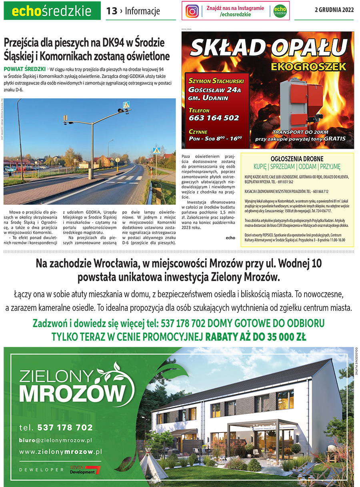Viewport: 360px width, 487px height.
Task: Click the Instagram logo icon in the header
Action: (192, 11)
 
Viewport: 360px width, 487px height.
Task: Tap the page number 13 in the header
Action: (112, 11)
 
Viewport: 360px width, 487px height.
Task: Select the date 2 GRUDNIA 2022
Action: (334, 10)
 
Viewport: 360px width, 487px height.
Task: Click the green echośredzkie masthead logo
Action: (52, 11)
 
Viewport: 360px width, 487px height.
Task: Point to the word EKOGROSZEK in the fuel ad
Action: (308, 66)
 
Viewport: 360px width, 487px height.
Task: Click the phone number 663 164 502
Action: (214, 118)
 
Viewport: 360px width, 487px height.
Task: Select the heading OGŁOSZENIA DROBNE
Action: (297, 159)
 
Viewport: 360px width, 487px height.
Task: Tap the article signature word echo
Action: (230, 238)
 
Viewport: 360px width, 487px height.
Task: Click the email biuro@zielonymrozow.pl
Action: (56, 440)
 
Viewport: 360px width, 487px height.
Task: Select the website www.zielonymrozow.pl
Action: (61, 451)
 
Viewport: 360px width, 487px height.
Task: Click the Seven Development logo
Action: (85, 470)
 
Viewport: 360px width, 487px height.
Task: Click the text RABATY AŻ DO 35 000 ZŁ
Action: (255, 337)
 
